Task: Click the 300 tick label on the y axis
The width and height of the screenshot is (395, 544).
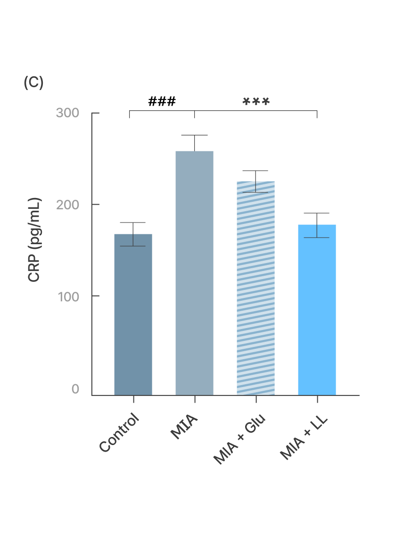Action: pos(67,113)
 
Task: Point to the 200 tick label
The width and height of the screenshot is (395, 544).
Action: pos(67,205)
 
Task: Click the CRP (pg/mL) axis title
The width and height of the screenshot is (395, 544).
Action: pos(34,240)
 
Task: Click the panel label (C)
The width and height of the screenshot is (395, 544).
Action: pos(33,82)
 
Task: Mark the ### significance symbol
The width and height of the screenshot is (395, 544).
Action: pos(162,101)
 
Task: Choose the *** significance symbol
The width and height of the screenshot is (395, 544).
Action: pos(256,101)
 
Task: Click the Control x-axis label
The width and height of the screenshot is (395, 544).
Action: pos(120,433)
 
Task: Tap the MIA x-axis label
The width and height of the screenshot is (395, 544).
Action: pos(184,426)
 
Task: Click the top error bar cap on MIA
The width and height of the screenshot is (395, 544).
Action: pos(194,135)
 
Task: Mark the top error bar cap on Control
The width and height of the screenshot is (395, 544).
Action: pos(133,223)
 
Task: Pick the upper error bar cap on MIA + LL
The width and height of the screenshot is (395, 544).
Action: pos(317,213)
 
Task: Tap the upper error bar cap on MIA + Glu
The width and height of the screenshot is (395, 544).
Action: pos(255,171)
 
